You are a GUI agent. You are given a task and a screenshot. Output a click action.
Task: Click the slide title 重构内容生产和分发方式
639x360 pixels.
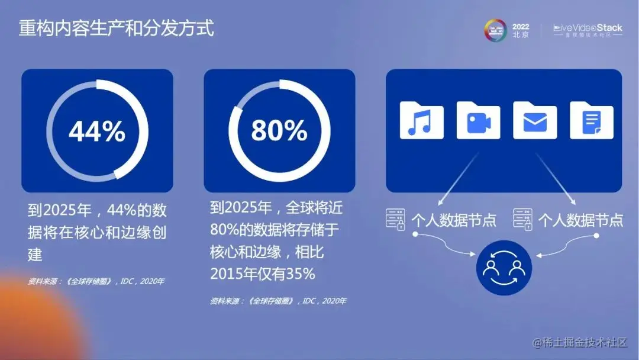(x=116, y=28)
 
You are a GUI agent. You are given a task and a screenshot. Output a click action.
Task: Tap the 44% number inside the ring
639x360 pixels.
(x=97, y=131)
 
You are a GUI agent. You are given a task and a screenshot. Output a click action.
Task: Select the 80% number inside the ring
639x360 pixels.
(x=279, y=131)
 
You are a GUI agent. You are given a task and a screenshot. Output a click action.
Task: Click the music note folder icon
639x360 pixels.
(x=421, y=121)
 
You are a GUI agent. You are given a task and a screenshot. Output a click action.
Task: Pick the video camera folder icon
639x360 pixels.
(x=478, y=121)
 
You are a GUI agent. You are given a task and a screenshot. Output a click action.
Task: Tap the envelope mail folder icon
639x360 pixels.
(x=535, y=121)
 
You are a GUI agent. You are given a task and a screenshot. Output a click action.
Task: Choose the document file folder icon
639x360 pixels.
(x=591, y=121)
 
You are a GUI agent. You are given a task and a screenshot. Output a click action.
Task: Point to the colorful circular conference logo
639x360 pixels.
(x=496, y=30)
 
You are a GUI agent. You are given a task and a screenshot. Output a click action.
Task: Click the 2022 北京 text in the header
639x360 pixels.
(x=521, y=30)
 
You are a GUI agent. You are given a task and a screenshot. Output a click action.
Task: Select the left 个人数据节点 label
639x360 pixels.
(x=453, y=220)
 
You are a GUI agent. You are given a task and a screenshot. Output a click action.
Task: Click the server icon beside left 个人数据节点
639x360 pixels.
(x=396, y=218)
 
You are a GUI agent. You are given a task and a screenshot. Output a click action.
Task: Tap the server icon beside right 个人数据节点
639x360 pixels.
(x=523, y=218)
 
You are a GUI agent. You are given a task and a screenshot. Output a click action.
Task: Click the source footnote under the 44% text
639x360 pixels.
(x=96, y=281)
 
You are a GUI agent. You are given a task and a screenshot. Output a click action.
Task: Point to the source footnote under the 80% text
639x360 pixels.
(x=278, y=301)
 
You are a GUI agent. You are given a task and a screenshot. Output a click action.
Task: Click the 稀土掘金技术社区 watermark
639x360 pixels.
(x=580, y=342)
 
